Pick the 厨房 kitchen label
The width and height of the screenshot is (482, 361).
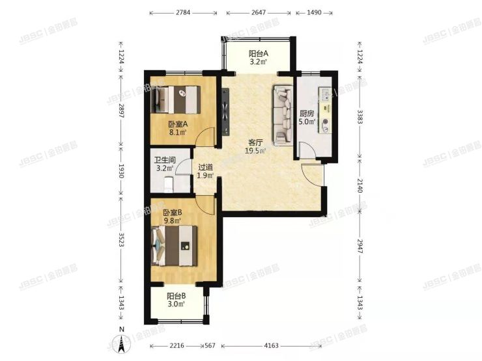coord(307,112)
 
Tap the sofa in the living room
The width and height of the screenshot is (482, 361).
coord(284,114)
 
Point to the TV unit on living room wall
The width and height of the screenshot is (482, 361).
coord(225,111)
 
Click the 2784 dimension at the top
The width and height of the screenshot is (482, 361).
coord(182,12)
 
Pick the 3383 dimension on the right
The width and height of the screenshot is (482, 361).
coord(360,116)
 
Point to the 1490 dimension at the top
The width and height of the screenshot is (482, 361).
coord(316,12)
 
